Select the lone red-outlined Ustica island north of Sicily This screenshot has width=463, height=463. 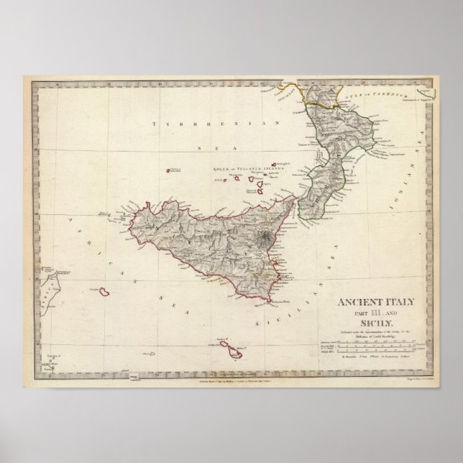pyautogui.click(x=173, y=171)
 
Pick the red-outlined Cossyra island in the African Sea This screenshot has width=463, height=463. pyautogui.click(x=104, y=291)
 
